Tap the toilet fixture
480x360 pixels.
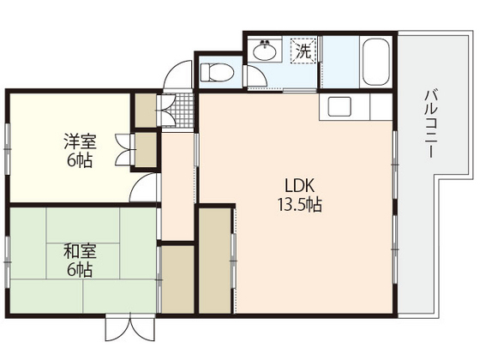tap(217, 70)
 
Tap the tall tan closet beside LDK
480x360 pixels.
tap(215, 261)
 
